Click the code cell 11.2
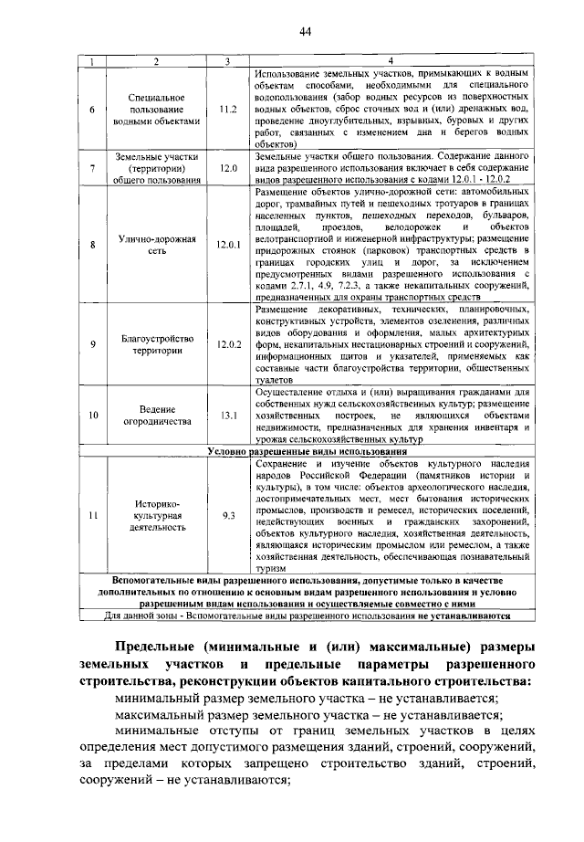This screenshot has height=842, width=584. pyautogui.click(x=228, y=108)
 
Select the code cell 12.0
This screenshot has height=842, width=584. pyautogui.click(x=228, y=169)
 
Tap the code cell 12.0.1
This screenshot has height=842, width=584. pyautogui.click(x=228, y=245)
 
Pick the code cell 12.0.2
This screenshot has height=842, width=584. pyautogui.click(x=228, y=344)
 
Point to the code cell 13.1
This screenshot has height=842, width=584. pyautogui.click(x=228, y=416)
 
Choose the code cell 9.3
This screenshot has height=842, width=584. pyautogui.click(x=228, y=516)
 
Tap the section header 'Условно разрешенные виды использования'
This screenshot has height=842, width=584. pyautogui.click(x=306, y=451)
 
